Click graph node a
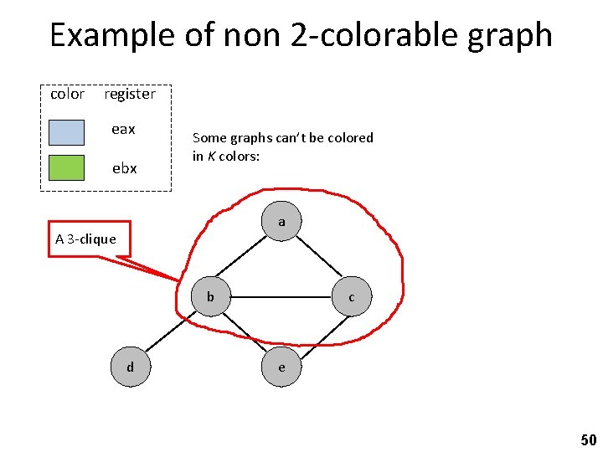point(281,222)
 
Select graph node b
point(211,296)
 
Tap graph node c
point(352,296)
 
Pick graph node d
point(130,367)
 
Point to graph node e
point(281,367)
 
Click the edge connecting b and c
point(281,296)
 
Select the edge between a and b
point(246,259)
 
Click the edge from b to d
point(171,331)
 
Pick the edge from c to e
point(317,331)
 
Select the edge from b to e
point(246,331)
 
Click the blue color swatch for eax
point(66,132)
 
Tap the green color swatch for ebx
point(66,168)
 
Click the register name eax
point(124,130)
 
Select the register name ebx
point(124,168)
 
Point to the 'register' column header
point(130,95)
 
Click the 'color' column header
point(67,95)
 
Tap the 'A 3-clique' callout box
point(86,239)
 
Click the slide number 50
point(588,439)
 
